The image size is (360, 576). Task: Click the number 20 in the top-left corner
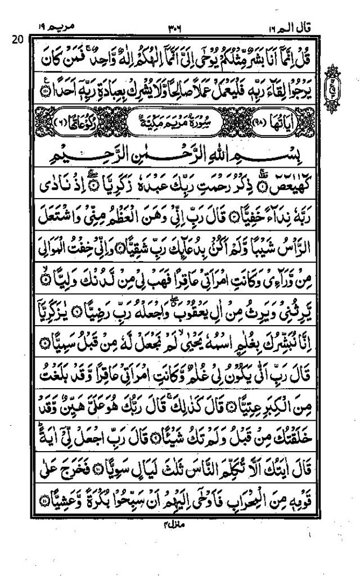point(16,38)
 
